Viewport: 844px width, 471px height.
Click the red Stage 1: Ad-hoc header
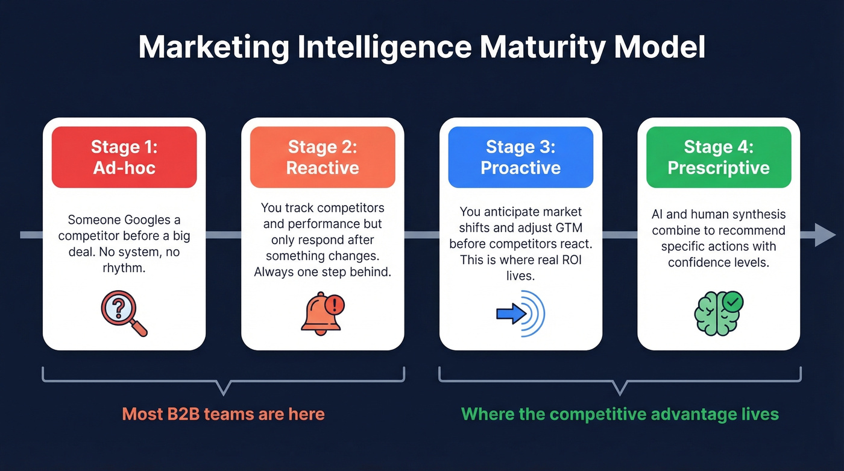[124, 157]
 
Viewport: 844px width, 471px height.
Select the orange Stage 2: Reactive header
[323, 157]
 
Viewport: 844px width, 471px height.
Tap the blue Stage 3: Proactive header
[520, 157]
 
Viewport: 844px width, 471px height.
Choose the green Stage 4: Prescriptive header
[719, 157]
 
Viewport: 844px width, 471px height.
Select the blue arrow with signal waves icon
[520, 314]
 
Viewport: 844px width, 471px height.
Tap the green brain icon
[717, 312]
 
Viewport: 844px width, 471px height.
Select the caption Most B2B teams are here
[223, 414]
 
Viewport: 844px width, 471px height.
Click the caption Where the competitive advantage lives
[620, 414]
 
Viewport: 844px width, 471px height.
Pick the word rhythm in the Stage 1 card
[124, 268]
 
